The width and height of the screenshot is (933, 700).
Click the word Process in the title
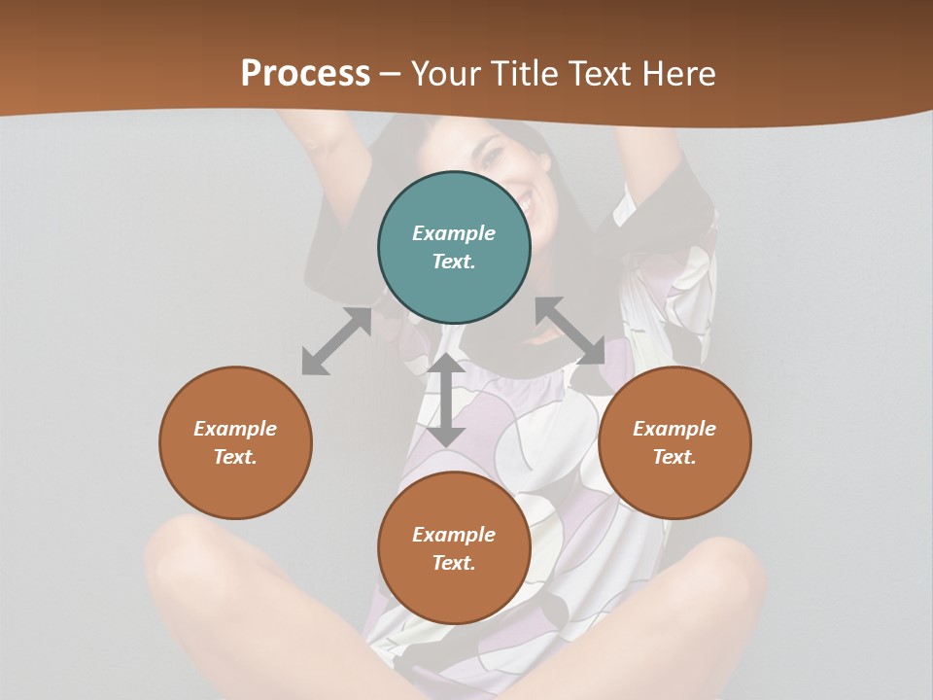tap(305, 74)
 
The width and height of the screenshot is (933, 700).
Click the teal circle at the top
tap(454, 248)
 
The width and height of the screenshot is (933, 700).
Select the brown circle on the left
tap(235, 442)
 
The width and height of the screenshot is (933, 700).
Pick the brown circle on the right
tap(674, 442)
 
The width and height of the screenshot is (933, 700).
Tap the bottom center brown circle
tap(454, 548)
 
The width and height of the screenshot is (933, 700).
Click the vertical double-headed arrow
tap(446, 401)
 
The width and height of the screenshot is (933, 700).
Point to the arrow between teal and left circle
tap(336, 341)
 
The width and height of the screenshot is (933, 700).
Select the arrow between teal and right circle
tap(570, 332)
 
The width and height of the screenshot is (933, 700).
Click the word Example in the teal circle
tap(454, 233)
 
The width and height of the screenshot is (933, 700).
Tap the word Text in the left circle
tap(234, 457)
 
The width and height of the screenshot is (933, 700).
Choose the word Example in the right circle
tap(674, 429)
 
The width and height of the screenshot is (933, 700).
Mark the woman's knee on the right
tap(719, 564)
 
